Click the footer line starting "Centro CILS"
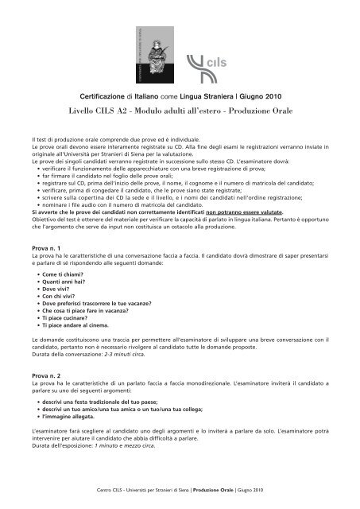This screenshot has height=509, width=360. pos(179,491)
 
